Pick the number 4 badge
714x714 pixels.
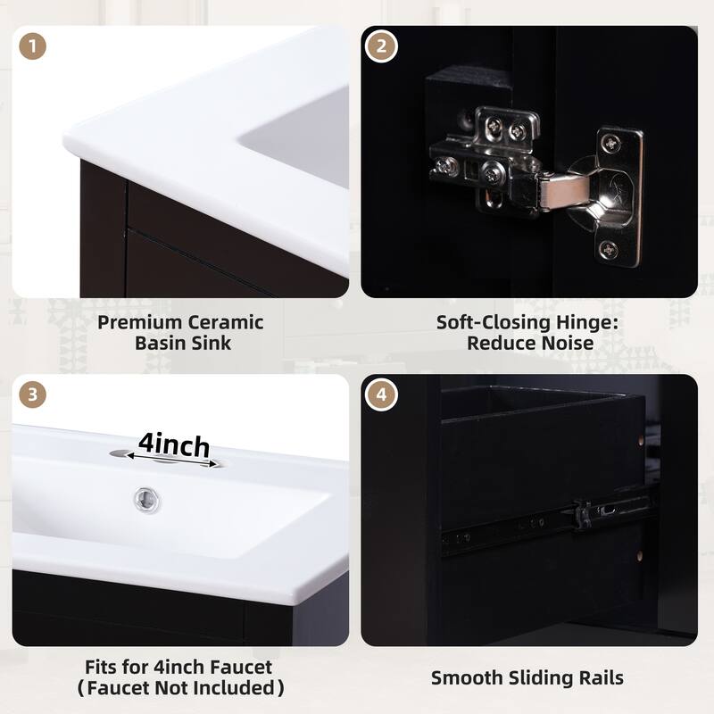click(381, 394)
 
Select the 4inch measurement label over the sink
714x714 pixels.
click(174, 444)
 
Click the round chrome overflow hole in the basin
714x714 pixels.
click(142, 496)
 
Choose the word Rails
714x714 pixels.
click(598, 677)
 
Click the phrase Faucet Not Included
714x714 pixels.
click(182, 687)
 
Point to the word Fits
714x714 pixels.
click(100, 667)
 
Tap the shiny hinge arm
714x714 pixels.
click(558, 189)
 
